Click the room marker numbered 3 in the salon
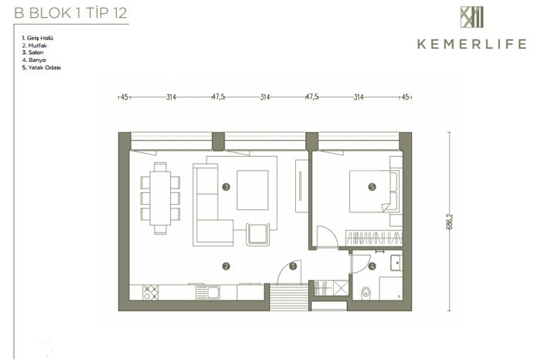226,187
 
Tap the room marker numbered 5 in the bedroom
372,187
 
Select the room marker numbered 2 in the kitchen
226,267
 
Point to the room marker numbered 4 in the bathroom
372,267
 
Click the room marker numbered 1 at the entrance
293,267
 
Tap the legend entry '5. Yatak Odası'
42,67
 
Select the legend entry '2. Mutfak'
35,46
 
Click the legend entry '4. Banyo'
34,60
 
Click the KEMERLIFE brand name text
472,44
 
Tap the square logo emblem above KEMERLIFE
471,17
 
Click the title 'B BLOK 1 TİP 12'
71,13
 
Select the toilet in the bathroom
366,293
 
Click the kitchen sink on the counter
208,293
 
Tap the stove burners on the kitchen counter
151,292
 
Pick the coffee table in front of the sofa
253,190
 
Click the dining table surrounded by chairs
160,199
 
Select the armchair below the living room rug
257,235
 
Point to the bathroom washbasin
396,263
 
